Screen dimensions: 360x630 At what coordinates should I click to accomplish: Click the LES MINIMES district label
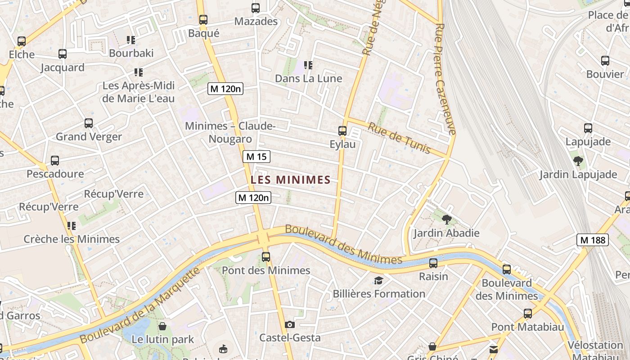click(290, 180)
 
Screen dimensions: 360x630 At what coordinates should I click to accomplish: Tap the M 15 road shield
click(256, 157)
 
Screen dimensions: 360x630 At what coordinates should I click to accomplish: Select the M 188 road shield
click(593, 240)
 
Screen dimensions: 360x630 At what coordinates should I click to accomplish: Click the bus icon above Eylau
click(342, 131)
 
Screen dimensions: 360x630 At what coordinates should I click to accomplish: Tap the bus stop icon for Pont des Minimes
click(266, 257)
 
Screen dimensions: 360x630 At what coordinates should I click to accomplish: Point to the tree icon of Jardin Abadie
click(447, 220)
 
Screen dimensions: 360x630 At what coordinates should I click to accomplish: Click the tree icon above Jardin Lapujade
click(578, 161)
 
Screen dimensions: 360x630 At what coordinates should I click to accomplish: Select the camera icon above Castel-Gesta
click(290, 324)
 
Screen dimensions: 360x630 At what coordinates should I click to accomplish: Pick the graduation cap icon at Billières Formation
click(379, 281)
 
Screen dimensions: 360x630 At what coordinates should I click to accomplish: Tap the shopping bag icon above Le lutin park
click(162, 326)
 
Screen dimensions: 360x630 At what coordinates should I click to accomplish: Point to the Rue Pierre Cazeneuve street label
click(446, 79)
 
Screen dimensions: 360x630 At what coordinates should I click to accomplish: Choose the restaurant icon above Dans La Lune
click(308, 65)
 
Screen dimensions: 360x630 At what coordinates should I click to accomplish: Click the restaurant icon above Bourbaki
click(131, 40)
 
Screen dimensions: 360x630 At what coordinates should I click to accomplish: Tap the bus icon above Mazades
click(256, 8)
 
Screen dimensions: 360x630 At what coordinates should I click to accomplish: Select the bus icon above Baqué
click(203, 19)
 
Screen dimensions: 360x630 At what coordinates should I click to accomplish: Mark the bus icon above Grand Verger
click(89, 123)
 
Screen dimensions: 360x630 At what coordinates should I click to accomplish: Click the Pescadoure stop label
click(55, 174)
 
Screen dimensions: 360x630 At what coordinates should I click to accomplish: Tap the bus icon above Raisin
click(433, 263)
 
